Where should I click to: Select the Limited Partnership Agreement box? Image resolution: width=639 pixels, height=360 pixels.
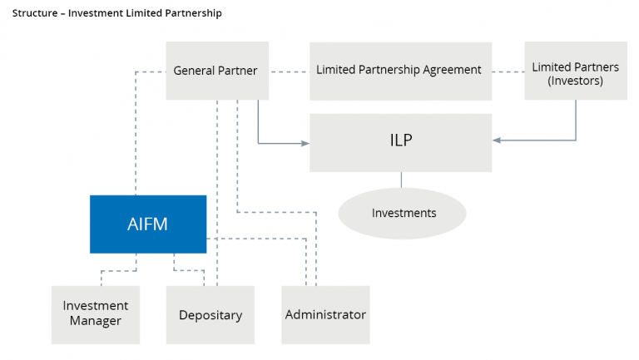[x=399, y=71]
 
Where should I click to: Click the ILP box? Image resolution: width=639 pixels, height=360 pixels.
[x=401, y=141]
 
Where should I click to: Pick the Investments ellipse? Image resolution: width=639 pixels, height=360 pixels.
[x=403, y=213]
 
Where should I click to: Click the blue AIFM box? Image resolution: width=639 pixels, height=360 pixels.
[x=148, y=224]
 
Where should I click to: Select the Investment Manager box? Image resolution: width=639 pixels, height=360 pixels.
[x=95, y=313]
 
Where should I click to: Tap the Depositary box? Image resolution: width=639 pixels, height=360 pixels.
[x=211, y=315]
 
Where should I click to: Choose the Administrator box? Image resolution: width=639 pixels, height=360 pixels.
[x=325, y=315]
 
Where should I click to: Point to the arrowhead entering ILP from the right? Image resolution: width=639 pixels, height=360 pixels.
[x=498, y=141]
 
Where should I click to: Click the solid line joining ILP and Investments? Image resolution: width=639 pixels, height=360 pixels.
[x=403, y=180]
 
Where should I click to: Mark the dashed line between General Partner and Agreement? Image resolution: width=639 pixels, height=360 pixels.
[x=289, y=71]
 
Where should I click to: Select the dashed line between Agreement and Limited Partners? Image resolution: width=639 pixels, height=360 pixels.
[x=508, y=72]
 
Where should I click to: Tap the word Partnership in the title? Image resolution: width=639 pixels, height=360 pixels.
[x=194, y=14]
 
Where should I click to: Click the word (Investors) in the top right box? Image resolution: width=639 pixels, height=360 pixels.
[x=575, y=81]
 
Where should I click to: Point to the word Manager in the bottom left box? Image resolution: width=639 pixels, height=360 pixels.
[x=95, y=321]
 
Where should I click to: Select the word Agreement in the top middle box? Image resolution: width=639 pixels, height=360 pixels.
[x=452, y=71]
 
